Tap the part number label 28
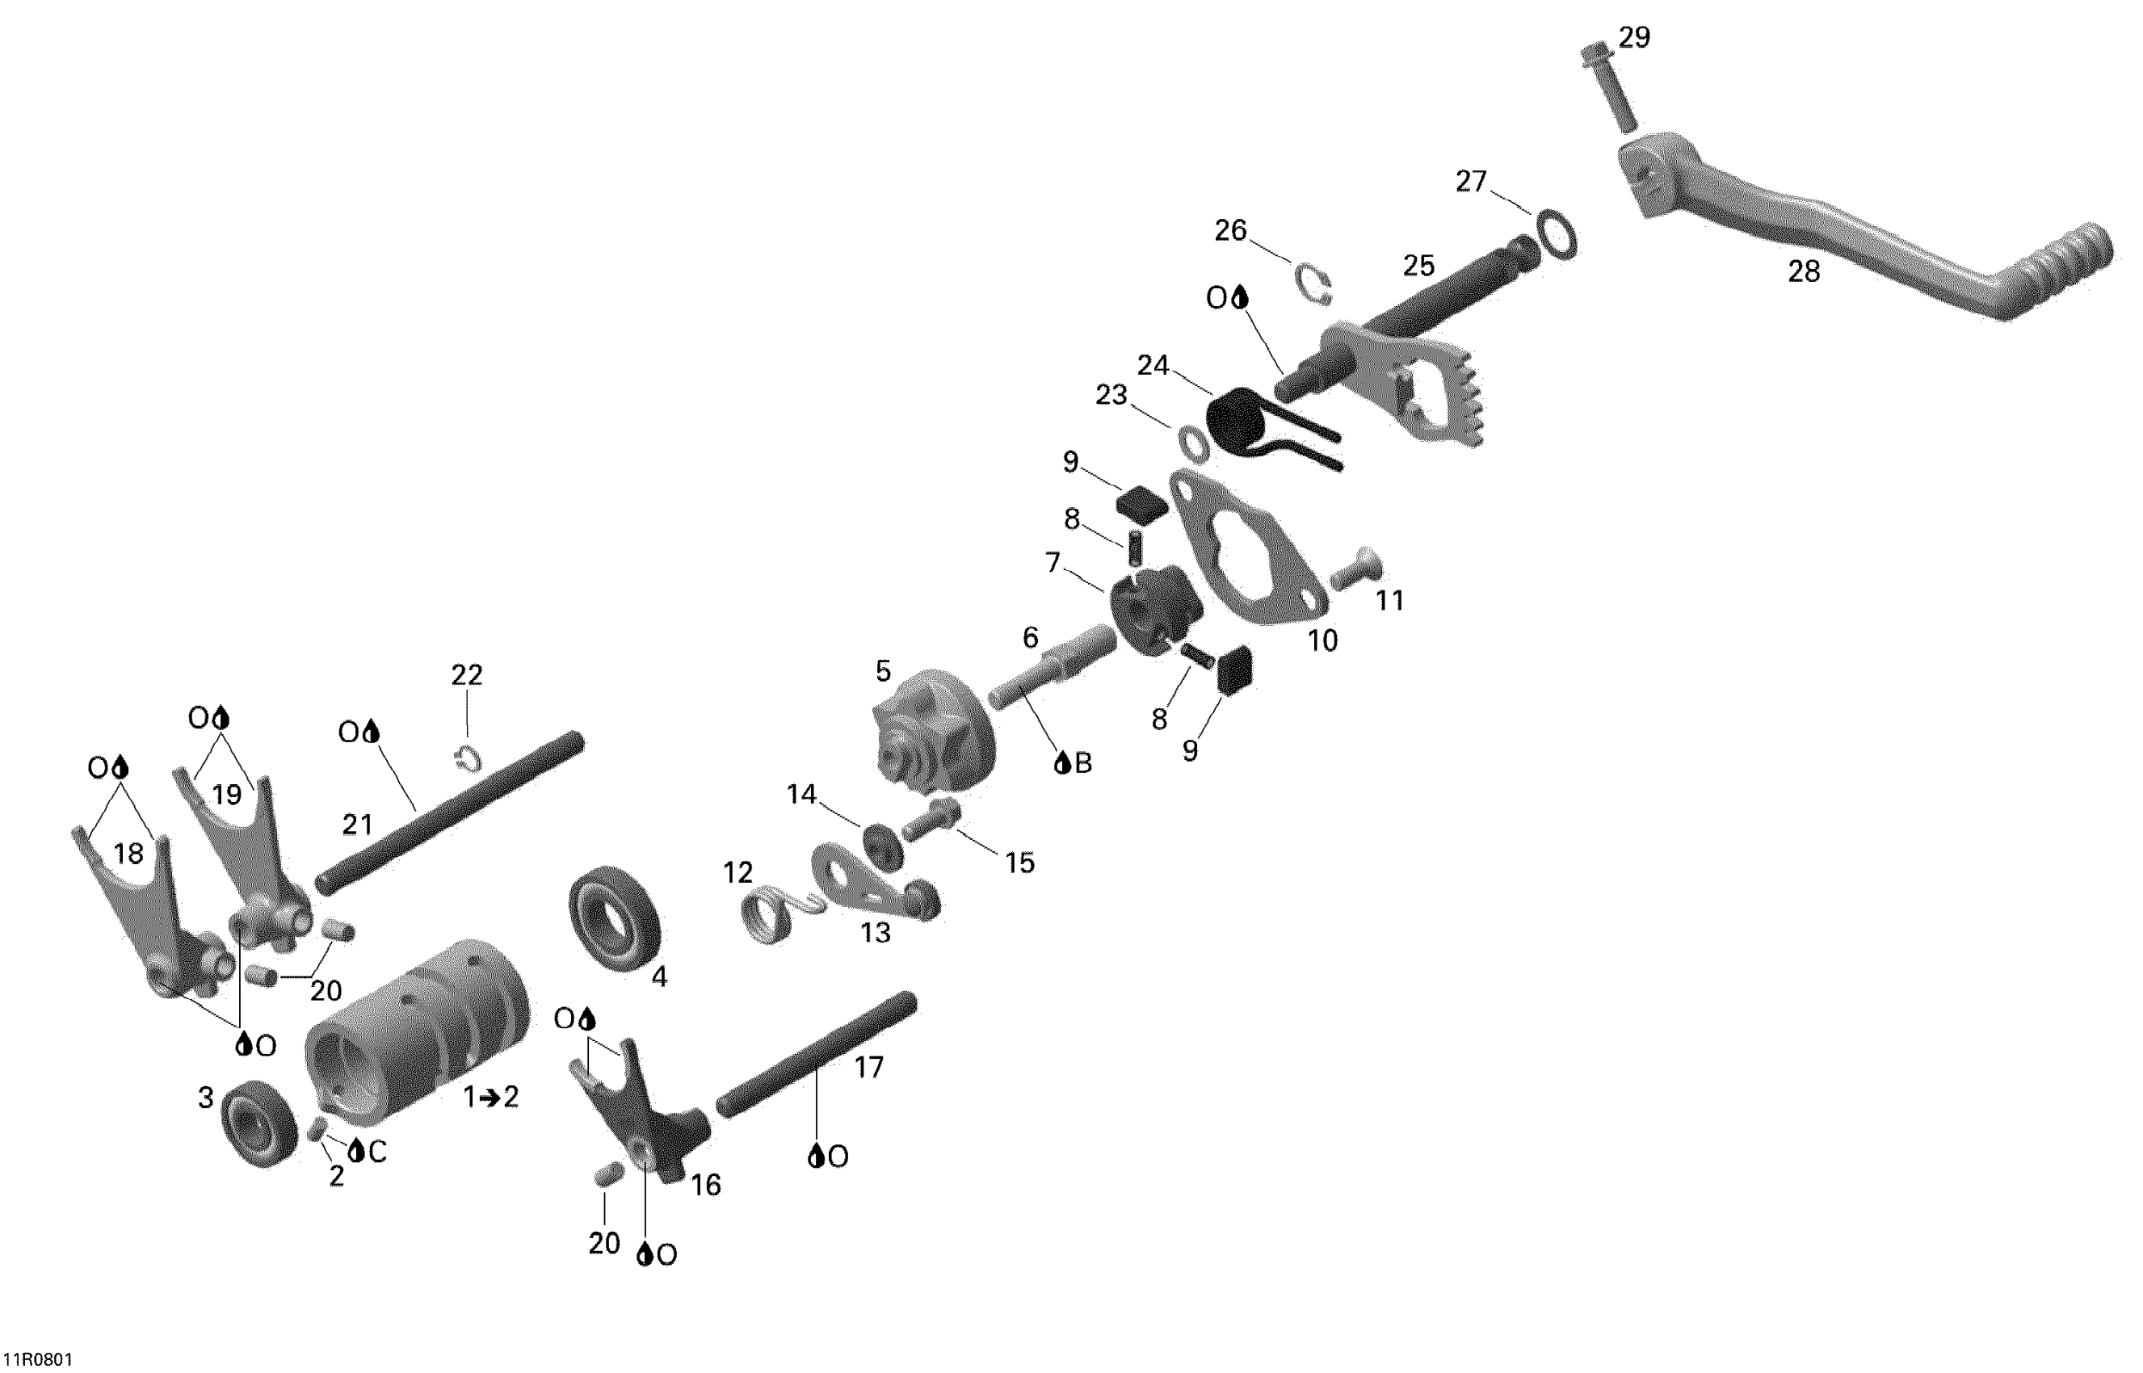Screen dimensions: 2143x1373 pos(1805,271)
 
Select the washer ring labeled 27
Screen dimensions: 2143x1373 pos(1554,233)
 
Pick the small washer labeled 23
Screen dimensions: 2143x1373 pos(1194,443)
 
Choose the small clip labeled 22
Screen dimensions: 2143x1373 pos(468,758)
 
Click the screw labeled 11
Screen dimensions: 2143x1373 pos(1357,568)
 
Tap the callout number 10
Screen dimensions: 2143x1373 pos(1322,640)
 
